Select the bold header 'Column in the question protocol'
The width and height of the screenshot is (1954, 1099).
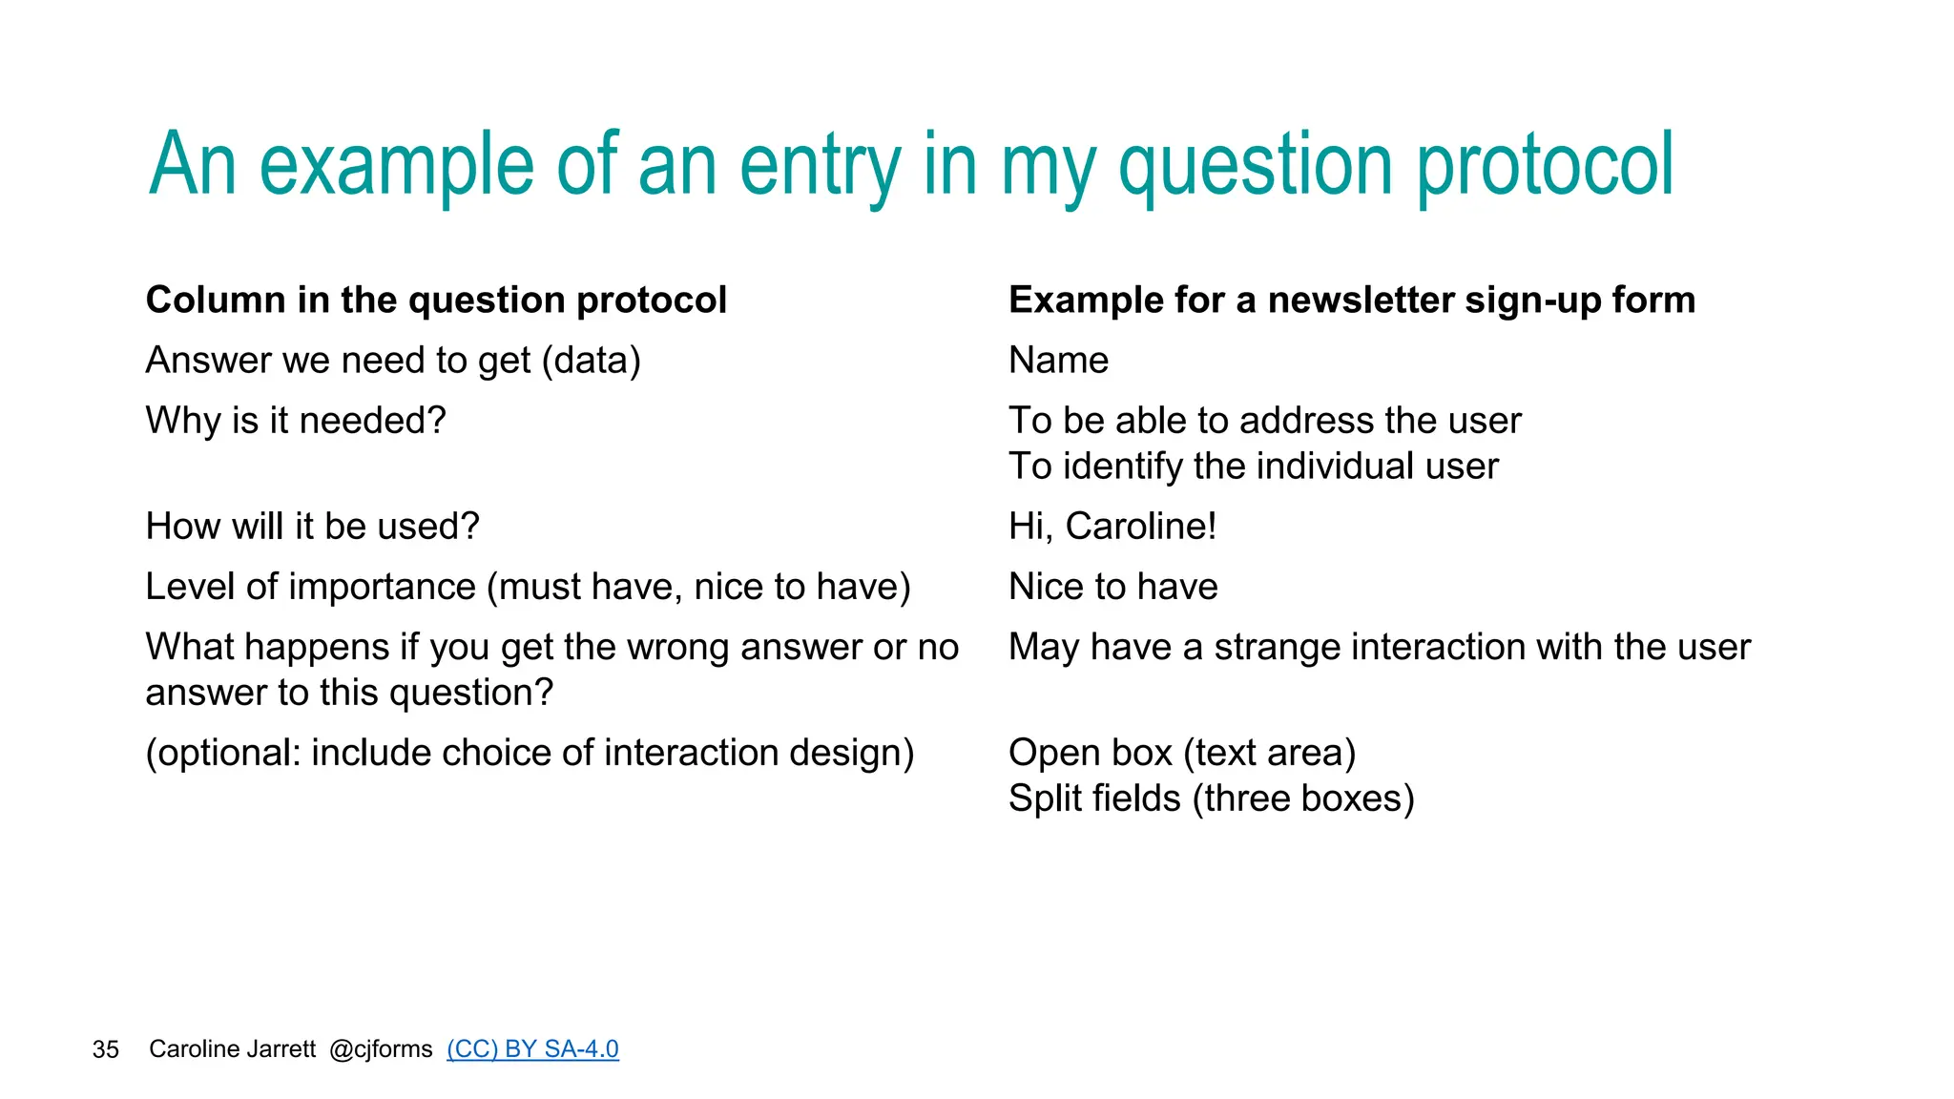[x=436, y=301]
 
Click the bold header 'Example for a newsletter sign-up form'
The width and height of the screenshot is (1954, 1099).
[x=1351, y=301]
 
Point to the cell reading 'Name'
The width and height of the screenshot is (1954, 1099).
[x=1058, y=361]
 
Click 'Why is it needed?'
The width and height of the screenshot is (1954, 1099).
[x=296, y=421]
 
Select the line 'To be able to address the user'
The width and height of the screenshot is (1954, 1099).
[x=1264, y=421]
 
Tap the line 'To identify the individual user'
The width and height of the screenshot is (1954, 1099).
[x=1253, y=467]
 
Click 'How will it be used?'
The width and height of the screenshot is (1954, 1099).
[x=312, y=527]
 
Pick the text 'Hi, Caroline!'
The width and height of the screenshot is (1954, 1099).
[x=1112, y=527]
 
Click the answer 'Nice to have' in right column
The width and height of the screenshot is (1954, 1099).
[x=1112, y=587]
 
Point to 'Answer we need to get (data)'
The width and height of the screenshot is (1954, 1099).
[x=393, y=361]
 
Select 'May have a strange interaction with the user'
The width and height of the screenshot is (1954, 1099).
[x=1379, y=647]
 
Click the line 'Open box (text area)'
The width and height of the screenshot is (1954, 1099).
[x=1181, y=753]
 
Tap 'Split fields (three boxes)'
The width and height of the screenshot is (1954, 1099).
[x=1211, y=798]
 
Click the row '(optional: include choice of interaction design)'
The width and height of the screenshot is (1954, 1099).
[x=530, y=753]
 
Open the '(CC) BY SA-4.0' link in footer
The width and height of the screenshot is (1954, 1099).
[x=532, y=1049]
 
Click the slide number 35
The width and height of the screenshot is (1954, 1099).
[x=106, y=1050]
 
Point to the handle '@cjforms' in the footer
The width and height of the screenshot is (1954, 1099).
[x=381, y=1049]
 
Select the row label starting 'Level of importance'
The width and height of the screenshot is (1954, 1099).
[x=528, y=587]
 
